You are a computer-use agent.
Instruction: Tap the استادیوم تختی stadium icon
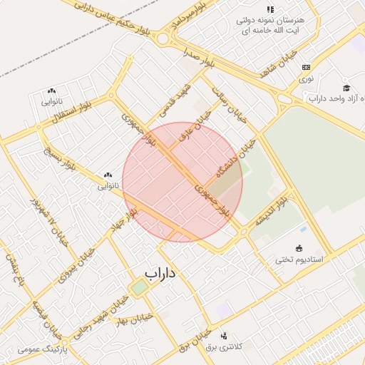click(299, 249)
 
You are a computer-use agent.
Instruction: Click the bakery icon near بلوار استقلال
click(51, 91)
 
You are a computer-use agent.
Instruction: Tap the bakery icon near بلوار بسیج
click(108, 175)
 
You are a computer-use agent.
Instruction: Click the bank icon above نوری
click(306, 66)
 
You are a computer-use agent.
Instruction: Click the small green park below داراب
click(140, 287)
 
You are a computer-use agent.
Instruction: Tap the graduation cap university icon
click(346, 88)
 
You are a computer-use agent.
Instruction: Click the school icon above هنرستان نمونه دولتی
click(270, 9)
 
